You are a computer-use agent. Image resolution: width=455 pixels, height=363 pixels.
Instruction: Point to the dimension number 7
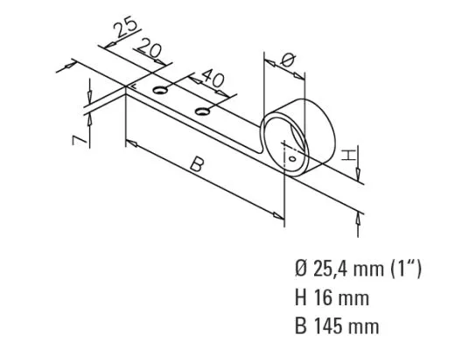pyautogui.click(x=79, y=136)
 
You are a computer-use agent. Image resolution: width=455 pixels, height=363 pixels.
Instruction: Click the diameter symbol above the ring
pyautogui.click(x=290, y=59)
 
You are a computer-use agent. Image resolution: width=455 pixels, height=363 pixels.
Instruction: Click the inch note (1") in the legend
pyautogui.click(x=405, y=269)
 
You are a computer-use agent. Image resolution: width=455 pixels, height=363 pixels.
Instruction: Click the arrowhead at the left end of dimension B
pyautogui.click(x=132, y=141)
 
